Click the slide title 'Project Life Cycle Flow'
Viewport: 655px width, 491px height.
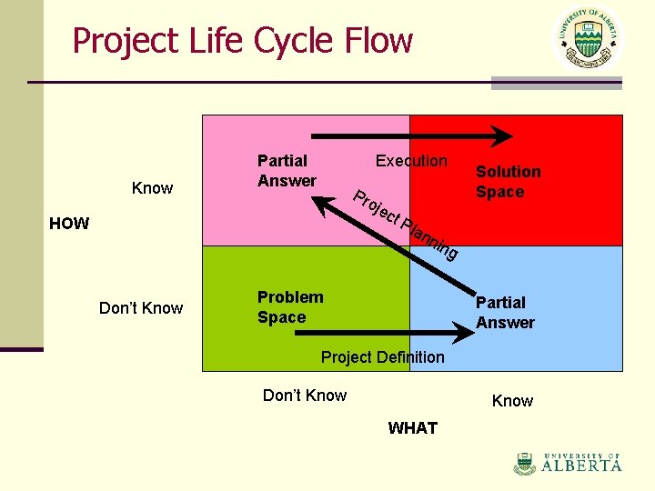click(242, 41)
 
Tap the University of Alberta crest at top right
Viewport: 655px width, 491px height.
click(589, 38)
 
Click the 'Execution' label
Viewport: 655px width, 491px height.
click(411, 161)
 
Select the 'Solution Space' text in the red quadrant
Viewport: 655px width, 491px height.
click(508, 182)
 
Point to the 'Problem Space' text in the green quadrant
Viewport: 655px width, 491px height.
click(290, 307)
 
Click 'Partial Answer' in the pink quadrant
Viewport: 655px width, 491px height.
click(287, 171)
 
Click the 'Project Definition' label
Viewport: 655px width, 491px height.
click(382, 357)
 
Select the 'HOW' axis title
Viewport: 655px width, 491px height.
click(69, 224)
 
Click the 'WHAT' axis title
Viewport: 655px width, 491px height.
click(412, 428)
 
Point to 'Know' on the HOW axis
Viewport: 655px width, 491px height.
click(152, 188)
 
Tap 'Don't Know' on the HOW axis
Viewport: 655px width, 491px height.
click(141, 308)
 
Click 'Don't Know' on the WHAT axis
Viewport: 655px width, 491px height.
click(304, 396)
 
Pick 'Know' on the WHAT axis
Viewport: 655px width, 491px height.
click(512, 401)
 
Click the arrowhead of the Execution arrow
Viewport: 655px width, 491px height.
click(503, 136)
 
